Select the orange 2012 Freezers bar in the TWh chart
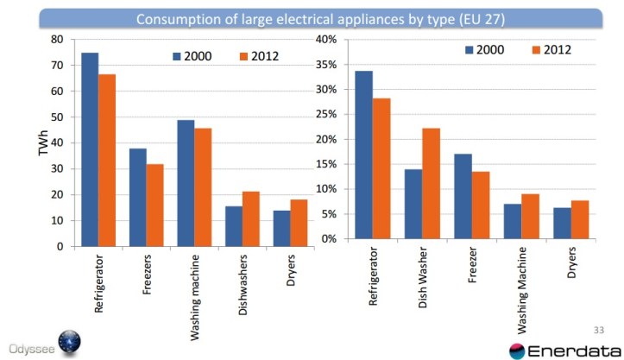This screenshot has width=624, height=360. (x=154, y=205)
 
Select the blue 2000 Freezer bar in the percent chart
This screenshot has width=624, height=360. (x=463, y=196)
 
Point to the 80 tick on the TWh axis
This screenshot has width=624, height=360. (x=57, y=39)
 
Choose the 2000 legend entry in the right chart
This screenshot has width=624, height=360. (x=491, y=50)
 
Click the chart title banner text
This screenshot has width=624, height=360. (x=311, y=19)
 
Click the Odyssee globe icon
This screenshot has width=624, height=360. (x=68, y=341)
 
